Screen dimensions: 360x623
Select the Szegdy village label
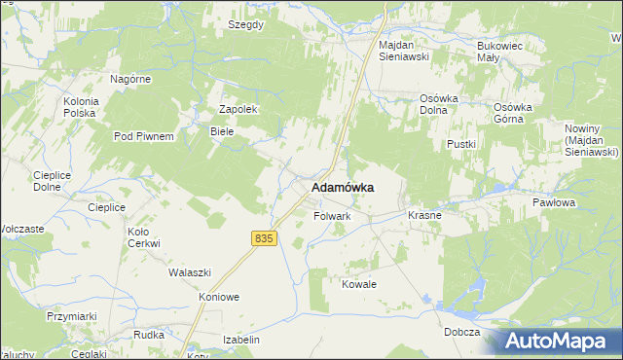[245, 24]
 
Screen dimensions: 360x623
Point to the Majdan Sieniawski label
[404, 51]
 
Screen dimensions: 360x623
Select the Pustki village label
[460, 144]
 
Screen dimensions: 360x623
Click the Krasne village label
[424, 215]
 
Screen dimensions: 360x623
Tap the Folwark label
[331, 216]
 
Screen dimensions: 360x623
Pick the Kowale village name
[358, 284]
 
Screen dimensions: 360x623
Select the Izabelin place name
[241, 340]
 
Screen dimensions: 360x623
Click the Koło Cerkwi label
[144, 237]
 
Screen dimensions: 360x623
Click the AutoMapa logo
[561, 341]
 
